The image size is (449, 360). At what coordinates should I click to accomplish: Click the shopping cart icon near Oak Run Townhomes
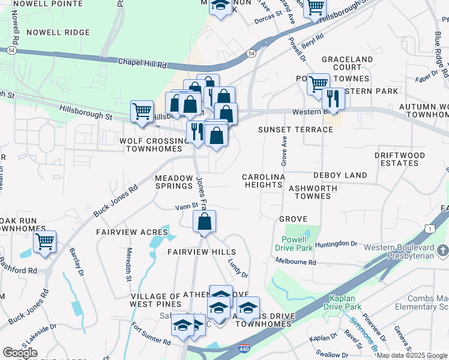(44, 241)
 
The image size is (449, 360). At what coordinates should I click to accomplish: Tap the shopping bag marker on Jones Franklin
(205, 221)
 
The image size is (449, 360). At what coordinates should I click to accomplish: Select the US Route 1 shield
(428, 229)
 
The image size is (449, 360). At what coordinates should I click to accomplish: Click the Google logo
(20, 353)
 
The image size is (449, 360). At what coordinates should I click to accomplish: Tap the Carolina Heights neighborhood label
(263, 181)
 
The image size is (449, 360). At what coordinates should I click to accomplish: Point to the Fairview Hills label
(201, 251)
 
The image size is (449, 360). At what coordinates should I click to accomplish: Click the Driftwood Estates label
(400, 159)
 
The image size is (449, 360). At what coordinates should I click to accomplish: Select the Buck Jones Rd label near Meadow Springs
(115, 200)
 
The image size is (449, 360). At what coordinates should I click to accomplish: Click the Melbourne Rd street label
(295, 262)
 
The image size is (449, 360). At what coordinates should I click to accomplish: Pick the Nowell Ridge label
(58, 32)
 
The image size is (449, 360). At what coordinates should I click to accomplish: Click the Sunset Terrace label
(295, 130)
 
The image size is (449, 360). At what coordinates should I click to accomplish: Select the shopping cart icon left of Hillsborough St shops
(142, 111)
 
